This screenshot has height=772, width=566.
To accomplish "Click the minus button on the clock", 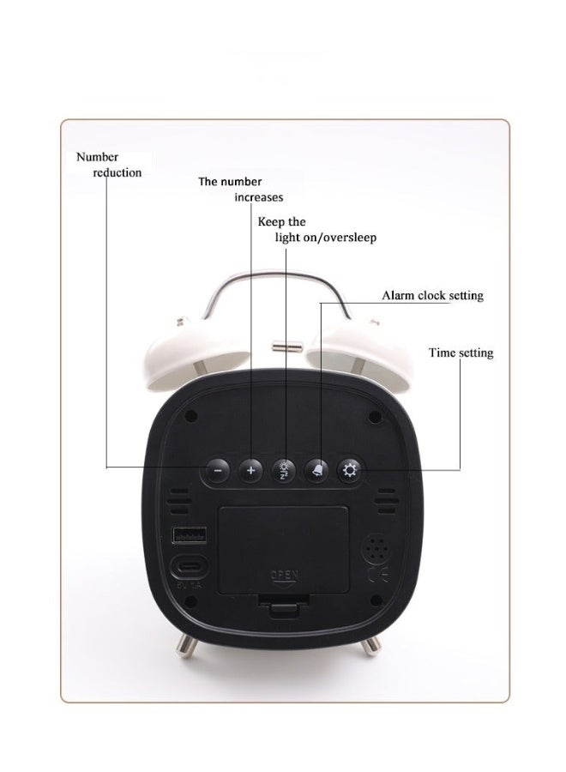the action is (218, 471).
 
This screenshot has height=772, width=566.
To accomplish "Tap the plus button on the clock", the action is (250, 471).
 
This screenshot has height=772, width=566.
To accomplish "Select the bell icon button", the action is (317, 471).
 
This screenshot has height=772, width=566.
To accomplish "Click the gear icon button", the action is (349, 471).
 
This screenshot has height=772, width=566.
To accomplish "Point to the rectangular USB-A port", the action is (189, 534).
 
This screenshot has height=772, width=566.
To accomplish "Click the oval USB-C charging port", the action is (189, 568).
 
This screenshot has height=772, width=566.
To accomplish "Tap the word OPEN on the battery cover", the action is (285, 575).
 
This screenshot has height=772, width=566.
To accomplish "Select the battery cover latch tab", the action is (284, 604).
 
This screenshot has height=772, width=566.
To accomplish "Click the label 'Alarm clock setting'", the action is (432, 295).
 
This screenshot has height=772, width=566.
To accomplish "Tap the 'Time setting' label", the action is (461, 353).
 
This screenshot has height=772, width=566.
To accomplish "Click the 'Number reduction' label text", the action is (109, 165).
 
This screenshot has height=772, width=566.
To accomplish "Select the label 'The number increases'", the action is (241, 190).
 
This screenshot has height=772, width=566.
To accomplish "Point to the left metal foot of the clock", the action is (187, 644).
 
